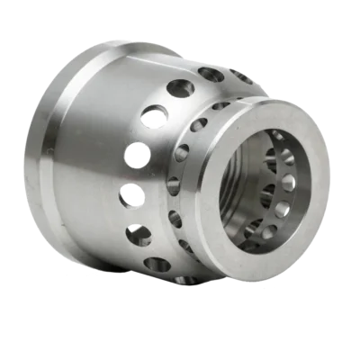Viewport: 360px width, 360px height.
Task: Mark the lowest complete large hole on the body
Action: [157, 265]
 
